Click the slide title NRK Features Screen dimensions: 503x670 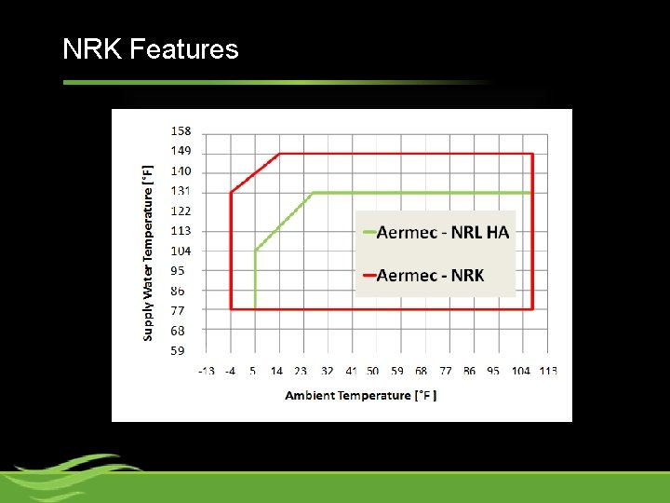tap(151, 49)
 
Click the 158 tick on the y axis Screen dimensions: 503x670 tap(181, 131)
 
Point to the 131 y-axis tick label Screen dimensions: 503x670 tap(181, 191)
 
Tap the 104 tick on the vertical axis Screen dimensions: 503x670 tap(181, 251)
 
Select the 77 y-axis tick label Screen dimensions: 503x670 tap(178, 311)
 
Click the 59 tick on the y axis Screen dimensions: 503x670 tap(178, 351)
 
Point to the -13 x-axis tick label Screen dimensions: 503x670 tap(206, 371)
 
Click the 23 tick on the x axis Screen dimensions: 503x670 tap(301, 371)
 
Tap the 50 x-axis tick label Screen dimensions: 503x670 tap(372, 371)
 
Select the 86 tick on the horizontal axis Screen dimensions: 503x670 tap(469, 371)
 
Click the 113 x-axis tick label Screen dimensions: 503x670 tap(547, 371)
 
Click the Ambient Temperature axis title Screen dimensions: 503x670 tap(361, 395)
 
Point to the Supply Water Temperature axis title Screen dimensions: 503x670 tap(148, 253)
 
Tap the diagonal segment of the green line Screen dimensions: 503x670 tap(285, 221)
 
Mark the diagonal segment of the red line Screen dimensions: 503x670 tap(256, 173)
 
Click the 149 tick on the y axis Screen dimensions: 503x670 tap(181, 151)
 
